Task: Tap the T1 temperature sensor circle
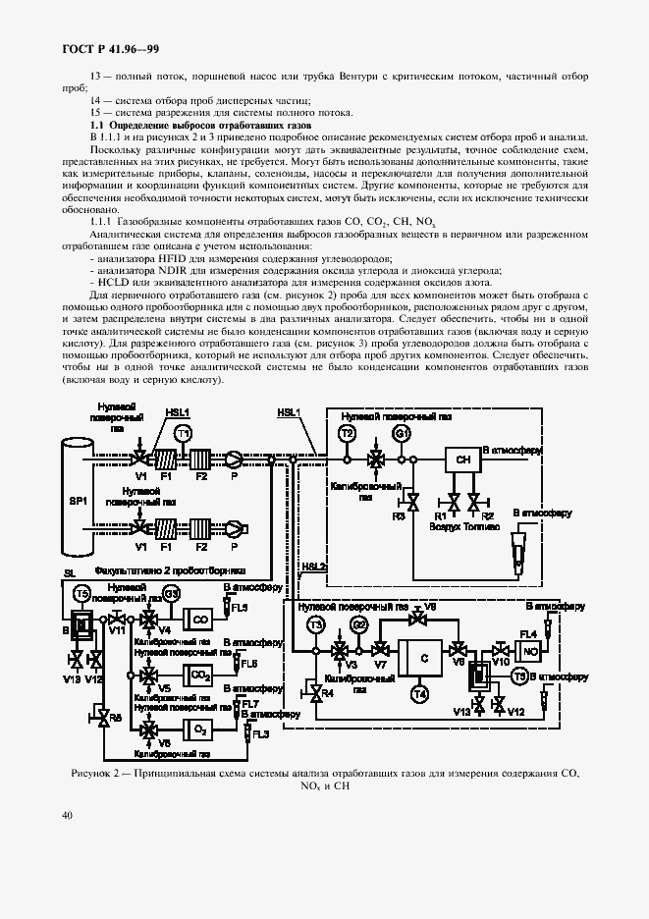coord(182,433)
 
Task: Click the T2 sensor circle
coord(347,433)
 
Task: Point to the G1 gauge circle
coord(401,433)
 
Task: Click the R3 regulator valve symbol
coord(413,502)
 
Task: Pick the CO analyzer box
coord(199,620)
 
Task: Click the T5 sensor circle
coord(82,593)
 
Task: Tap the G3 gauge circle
coord(171,593)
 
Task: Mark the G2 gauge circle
coord(359,625)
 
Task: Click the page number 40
coord(67,815)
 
